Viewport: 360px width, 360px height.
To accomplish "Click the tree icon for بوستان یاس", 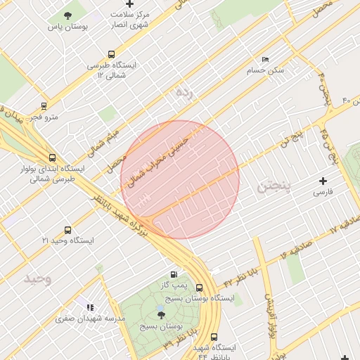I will tap(67, 15).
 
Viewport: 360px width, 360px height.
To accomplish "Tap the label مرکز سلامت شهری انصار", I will tap(129, 19).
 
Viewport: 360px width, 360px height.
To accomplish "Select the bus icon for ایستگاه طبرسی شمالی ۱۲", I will tap(111, 55).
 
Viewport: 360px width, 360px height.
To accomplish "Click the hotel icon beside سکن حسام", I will tap(265, 60).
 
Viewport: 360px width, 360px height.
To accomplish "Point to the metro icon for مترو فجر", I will tap(44, 107).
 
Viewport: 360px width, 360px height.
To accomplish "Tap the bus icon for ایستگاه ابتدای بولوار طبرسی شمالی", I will tap(52, 157).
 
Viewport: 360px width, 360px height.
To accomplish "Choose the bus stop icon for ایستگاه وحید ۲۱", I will tap(67, 230).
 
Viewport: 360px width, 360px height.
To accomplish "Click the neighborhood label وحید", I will tap(38, 278).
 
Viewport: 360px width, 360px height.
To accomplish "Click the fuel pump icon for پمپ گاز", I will tap(174, 274).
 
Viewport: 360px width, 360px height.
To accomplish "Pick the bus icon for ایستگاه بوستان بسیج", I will tap(200, 288).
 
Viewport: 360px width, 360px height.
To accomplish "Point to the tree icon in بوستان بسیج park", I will tap(161, 316).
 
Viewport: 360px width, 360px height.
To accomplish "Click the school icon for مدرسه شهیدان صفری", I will tap(89, 307).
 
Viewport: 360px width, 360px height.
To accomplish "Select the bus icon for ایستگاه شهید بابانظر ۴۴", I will tap(214, 336).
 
